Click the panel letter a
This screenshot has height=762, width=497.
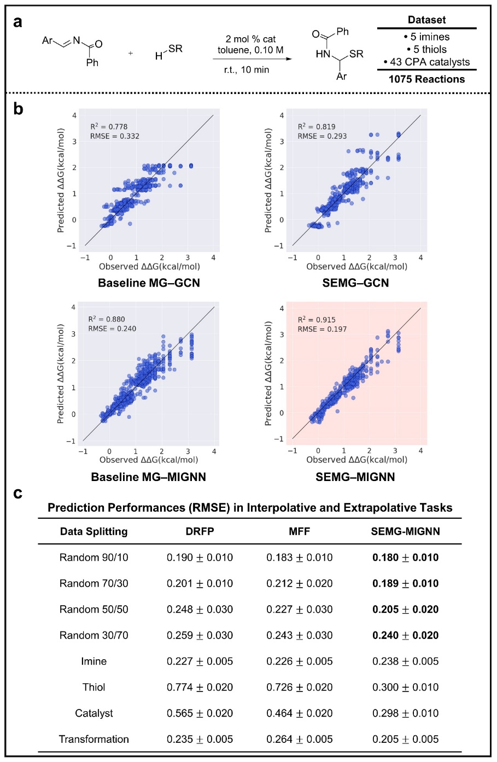click(18, 22)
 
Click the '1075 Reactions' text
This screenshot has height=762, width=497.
click(426, 79)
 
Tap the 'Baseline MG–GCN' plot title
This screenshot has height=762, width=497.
click(149, 283)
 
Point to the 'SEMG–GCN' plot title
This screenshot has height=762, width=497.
click(355, 283)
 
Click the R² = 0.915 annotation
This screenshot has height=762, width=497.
click(317, 320)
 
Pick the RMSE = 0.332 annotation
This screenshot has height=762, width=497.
click(114, 136)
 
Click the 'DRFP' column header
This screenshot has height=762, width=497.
click(200, 531)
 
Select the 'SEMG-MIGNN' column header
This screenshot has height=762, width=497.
click(405, 531)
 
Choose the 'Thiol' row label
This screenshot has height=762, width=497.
click(93, 687)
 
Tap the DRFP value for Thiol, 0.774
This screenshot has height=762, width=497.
click(200, 687)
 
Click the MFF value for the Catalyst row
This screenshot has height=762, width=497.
click(299, 713)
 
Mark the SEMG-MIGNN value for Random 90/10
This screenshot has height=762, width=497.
click(405, 558)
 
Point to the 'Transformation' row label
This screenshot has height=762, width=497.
click(93, 739)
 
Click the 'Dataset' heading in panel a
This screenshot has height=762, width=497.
click(426, 20)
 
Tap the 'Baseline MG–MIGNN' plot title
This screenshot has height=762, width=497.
click(148, 477)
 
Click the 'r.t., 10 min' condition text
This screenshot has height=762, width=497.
click(247, 70)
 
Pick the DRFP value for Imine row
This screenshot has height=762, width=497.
click(200, 661)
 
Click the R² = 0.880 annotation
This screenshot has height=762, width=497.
click(107, 319)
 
